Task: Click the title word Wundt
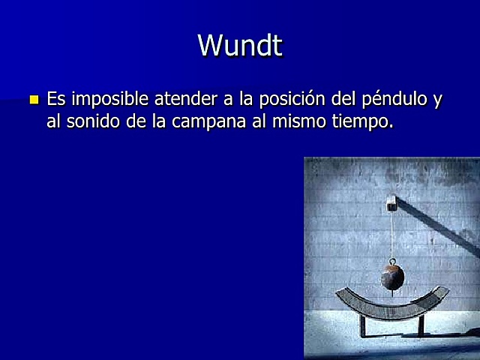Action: pyautogui.click(x=240, y=46)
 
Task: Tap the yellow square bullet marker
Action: pyautogui.click(x=33, y=100)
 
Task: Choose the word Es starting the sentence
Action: pyautogui.click(x=56, y=100)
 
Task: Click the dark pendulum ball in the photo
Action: pyautogui.click(x=391, y=277)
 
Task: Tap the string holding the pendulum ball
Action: pyautogui.click(x=391, y=236)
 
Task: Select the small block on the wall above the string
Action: pyautogui.click(x=391, y=202)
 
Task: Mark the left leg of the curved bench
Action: pyautogui.click(x=363, y=326)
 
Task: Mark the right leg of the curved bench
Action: pyautogui.click(x=421, y=325)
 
